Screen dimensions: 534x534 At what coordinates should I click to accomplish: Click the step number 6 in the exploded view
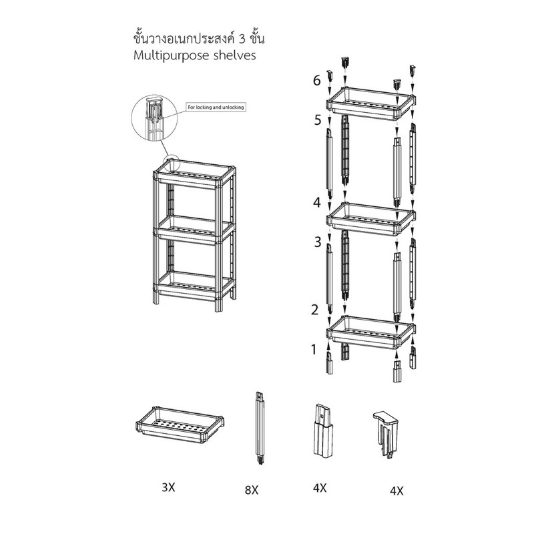click(316, 81)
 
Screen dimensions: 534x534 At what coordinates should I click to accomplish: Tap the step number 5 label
click(318, 120)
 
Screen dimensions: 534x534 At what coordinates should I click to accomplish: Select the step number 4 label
click(316, 202)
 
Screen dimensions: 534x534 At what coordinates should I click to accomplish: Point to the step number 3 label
click(318, 242)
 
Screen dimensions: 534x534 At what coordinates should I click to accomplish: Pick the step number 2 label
click(314, 310)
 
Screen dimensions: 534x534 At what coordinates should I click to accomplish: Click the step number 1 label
click(314, 349)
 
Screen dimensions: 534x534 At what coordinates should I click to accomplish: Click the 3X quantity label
click(168, 488)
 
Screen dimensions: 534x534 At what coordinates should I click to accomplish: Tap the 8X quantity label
click(252, 490)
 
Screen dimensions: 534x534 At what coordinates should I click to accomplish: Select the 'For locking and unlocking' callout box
click(216, 107)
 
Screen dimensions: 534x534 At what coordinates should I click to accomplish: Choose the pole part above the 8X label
click(260, 428)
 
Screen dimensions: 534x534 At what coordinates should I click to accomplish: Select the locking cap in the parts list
click(385, 433)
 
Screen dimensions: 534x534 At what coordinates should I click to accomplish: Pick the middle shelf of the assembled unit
click(194, 230)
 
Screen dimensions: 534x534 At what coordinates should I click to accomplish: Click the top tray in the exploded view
click(371, 104)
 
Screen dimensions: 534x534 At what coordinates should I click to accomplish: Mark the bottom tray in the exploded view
click(371, 332)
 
